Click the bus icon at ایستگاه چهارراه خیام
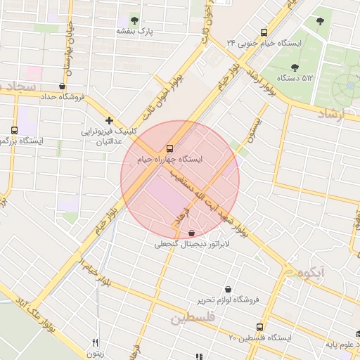click(169, 148)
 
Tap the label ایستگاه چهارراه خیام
click(169, 160)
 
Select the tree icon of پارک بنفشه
click(135, 20)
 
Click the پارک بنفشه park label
click(135, 32)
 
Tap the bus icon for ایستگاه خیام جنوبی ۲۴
click(264, 32)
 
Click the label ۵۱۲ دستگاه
click(295, 77)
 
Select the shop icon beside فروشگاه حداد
click(63, 86)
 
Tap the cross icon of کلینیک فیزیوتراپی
click(109, 120)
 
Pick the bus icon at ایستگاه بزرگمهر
click(15, 130)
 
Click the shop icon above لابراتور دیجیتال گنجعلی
click(192, 233)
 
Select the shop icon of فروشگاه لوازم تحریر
click(228, 288)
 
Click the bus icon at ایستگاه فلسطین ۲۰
click(260, 327)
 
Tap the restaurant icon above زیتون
click(95, 342)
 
